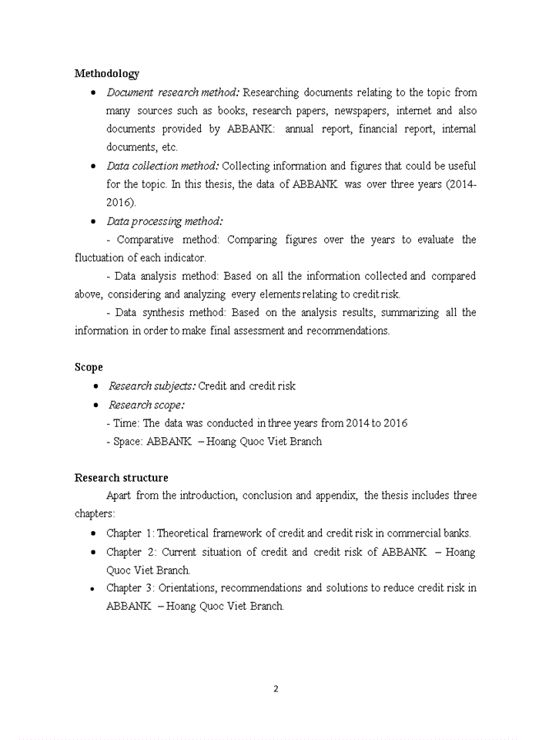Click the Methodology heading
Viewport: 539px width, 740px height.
click(107, 74)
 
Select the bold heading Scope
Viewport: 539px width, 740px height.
click(89, 368)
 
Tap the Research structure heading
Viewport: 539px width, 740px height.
click(121, 478)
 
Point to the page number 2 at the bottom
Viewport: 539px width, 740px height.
click(276, 689)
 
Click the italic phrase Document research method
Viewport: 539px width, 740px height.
click(173, 92)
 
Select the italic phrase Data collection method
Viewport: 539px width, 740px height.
click(162, 166)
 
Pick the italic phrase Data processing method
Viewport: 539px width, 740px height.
click(165, 221)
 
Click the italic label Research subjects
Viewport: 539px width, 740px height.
click(152, 386)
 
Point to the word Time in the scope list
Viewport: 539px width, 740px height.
click(124, 423)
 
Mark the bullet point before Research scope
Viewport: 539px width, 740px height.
click(95, 405)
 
